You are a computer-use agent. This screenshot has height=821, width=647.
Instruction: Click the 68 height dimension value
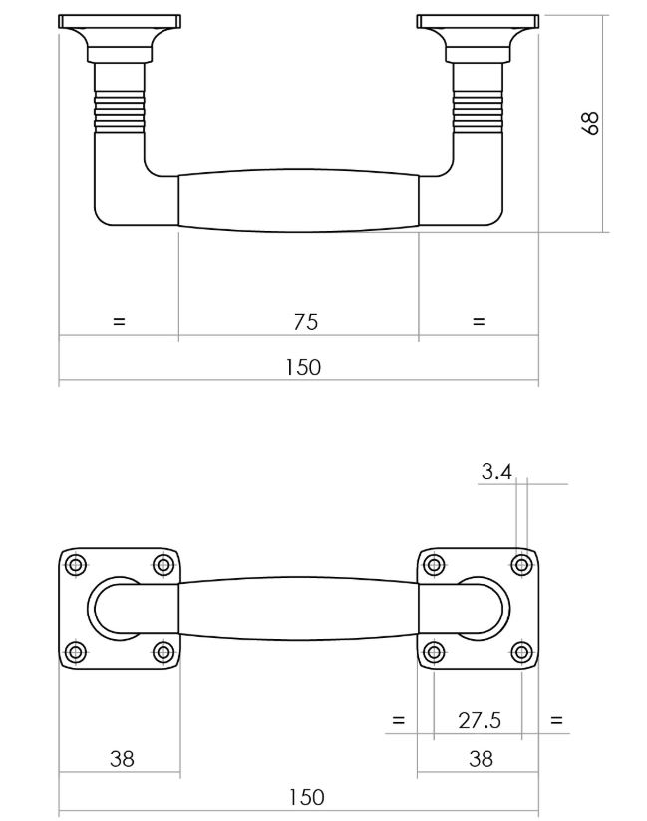(x=590, y=123)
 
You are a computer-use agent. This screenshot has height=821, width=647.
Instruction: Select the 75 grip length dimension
(x=305, y=321)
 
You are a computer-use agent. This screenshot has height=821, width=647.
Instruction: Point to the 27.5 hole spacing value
(x=479, y=720)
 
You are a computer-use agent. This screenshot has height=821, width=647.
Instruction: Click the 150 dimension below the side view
(x=303, y=367)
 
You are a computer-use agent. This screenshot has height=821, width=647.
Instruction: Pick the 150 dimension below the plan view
(x=305, y=797)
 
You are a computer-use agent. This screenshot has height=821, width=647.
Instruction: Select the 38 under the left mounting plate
(x=122, y=759)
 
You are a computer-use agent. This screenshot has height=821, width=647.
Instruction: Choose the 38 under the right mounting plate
(x=481, y=759)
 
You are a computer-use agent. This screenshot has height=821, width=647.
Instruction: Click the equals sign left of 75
(x=119, y=321)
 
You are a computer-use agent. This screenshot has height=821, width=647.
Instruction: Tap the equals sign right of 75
(x=478, y=321)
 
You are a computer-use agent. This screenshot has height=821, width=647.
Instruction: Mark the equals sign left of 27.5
(x=399, y=720)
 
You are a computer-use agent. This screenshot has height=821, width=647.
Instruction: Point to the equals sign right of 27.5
(x=556, y=720)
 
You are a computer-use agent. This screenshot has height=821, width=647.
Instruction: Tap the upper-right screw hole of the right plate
(x=520, y=565)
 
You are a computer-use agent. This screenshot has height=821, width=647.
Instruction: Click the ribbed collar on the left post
(x=119, y=111)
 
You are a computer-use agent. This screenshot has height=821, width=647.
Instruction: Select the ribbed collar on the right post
(x=479, y=111)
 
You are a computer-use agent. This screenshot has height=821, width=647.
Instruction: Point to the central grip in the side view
(x=298, y=201)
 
